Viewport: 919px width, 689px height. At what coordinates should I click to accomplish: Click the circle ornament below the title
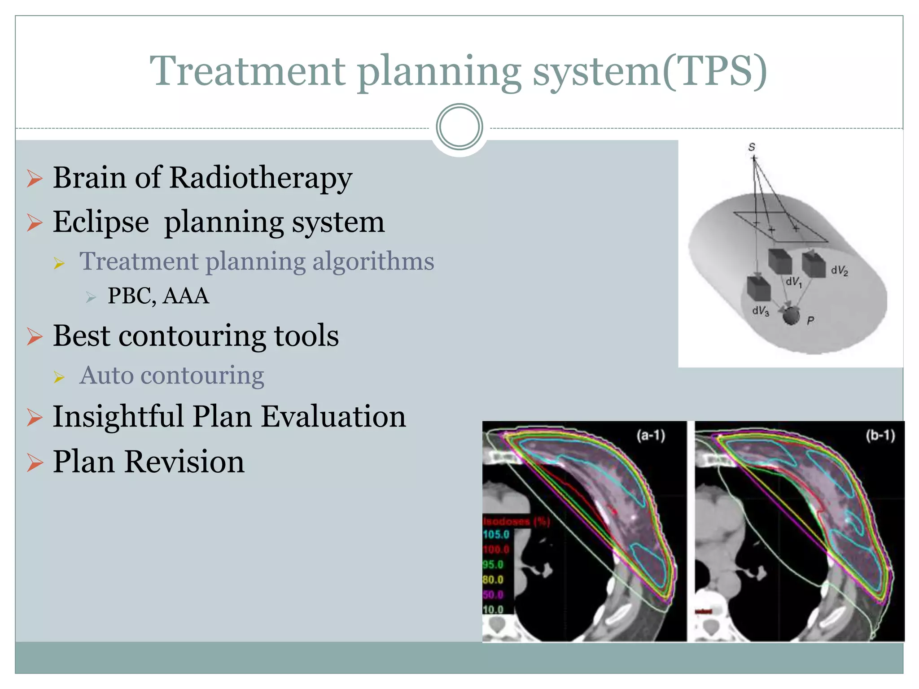coord(459,126)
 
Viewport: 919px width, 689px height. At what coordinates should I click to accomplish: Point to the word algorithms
coord(373,261)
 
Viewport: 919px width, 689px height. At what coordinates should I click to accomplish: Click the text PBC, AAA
coord(158,296)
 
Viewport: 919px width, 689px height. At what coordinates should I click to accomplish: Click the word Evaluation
coord(333,416)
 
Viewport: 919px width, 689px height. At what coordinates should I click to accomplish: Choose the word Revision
coord(184,462)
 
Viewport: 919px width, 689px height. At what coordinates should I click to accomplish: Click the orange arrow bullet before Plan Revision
coord(35,462)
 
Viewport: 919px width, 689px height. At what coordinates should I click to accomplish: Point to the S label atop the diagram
coord(752,147)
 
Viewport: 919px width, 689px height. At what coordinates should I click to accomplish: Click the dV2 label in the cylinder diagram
coord(839,270)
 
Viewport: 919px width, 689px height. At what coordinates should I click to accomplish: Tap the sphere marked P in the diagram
coord(791,316)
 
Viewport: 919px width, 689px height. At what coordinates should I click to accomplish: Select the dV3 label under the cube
coord(761,310)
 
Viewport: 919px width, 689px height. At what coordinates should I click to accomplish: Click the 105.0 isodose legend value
coord(496,534)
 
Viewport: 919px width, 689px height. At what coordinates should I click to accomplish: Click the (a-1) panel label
coord(650,435)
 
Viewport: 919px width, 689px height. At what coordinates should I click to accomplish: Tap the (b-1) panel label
coord(880,435)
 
